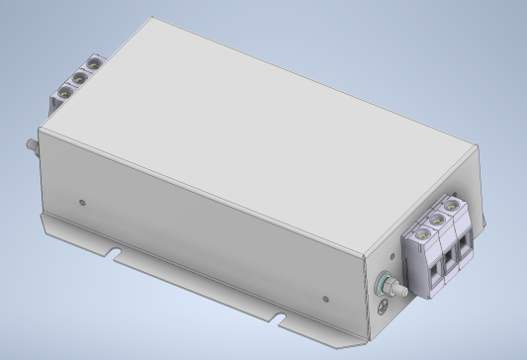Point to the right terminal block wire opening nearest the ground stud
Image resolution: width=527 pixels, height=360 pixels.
(x=432, y=270)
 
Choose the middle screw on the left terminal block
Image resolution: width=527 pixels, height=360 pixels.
(x=79, y=77)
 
